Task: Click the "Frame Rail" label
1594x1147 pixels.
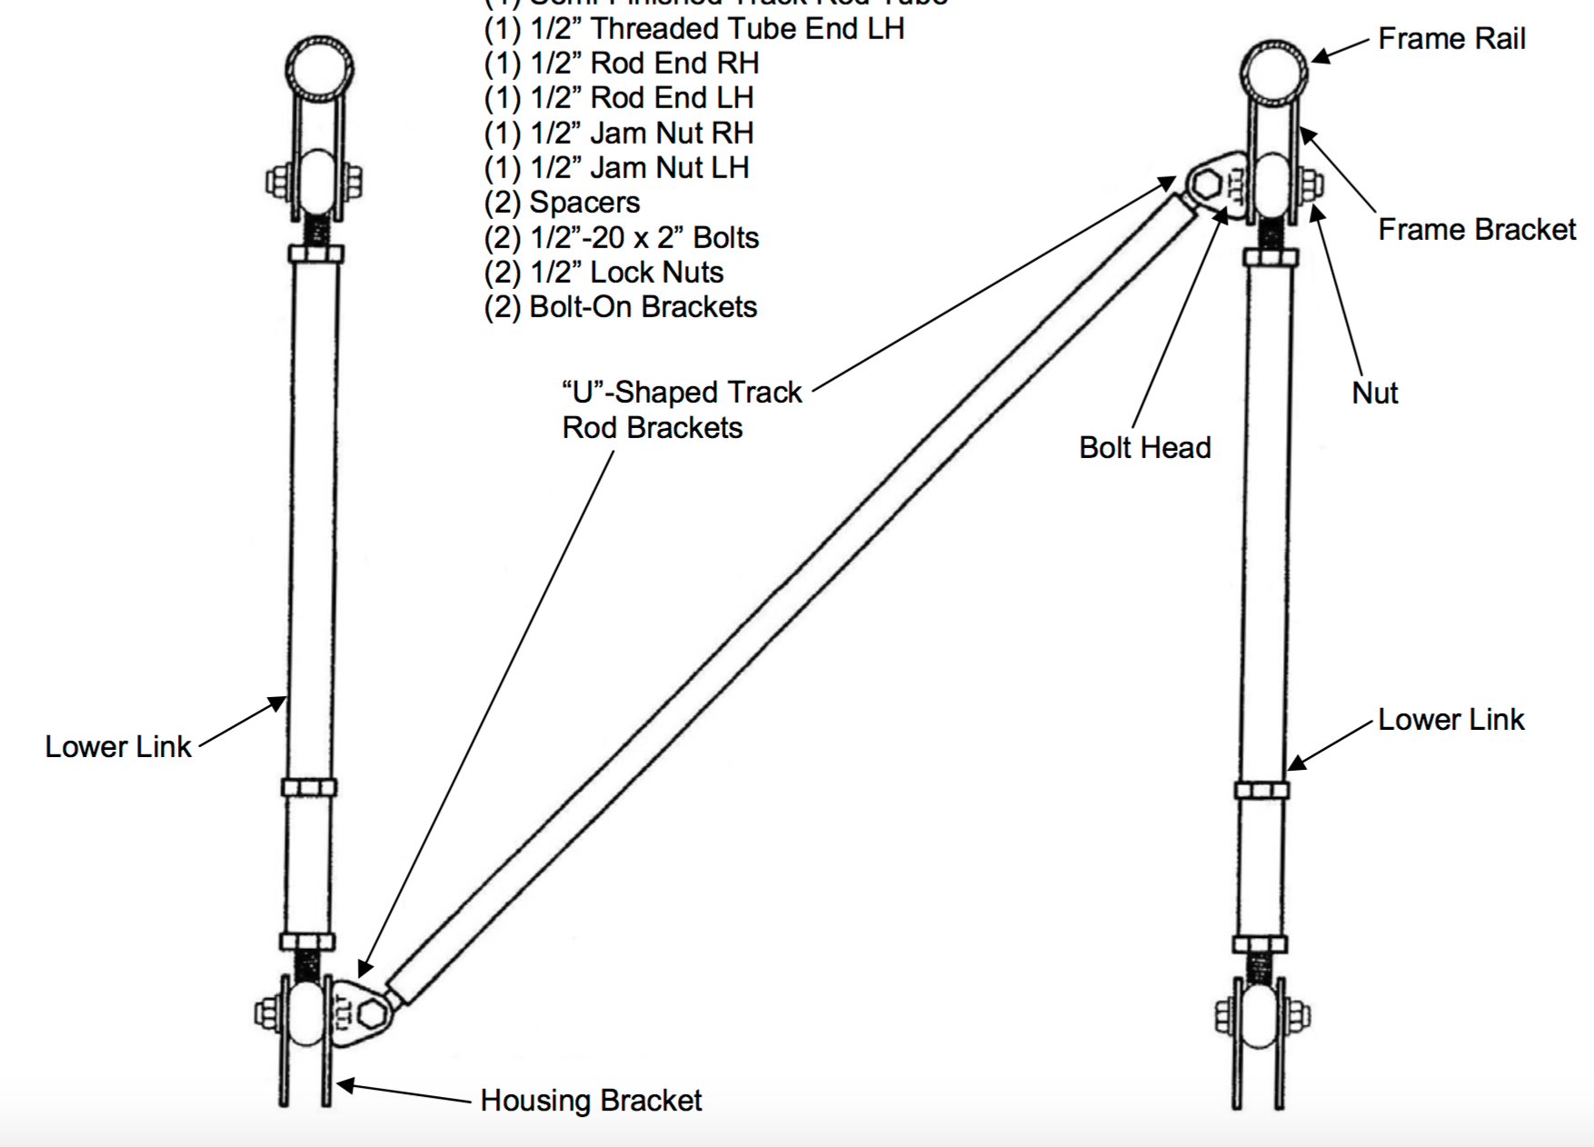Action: tap(1450, 39)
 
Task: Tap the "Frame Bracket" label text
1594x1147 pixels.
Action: tap(1476, 229)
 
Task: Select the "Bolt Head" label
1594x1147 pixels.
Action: tap(1144, 447)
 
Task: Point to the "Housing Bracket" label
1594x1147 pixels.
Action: tap(591, 1101)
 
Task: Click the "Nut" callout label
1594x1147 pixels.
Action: tap(1374, 393)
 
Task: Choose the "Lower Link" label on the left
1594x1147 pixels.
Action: tap(118, 746)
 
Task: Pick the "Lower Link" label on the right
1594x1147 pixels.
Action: tap(1450, 719)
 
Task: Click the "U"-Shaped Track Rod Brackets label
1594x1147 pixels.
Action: tap(682, 410)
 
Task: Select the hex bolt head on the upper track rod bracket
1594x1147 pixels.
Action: tap(1206, 185)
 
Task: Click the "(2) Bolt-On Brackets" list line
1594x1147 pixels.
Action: tap(621, 306)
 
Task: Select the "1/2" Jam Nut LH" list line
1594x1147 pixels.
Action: tap(617, 167)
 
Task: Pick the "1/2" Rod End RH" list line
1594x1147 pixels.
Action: tap(622, 63)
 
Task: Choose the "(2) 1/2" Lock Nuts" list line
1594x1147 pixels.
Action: tap(603, 272)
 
